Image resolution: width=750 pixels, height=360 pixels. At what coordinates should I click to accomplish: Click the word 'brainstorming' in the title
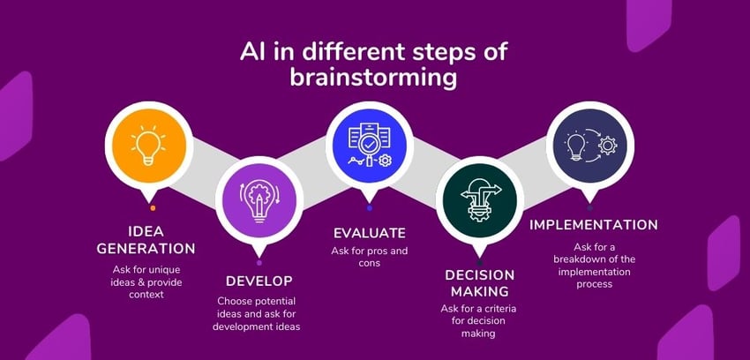374,78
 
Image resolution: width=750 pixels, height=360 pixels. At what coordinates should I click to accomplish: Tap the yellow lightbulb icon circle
148,146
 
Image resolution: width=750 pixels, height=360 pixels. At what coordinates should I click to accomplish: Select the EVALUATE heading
369,233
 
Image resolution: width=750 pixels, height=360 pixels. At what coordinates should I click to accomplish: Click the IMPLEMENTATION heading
593,225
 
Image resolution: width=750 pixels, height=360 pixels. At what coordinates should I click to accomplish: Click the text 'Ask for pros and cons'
369,257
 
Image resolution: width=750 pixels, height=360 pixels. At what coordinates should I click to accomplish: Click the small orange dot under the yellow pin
153,208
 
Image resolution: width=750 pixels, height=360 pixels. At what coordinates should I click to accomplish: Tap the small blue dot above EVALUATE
369,208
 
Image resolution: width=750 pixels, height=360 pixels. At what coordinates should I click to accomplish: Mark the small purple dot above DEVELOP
259,262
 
